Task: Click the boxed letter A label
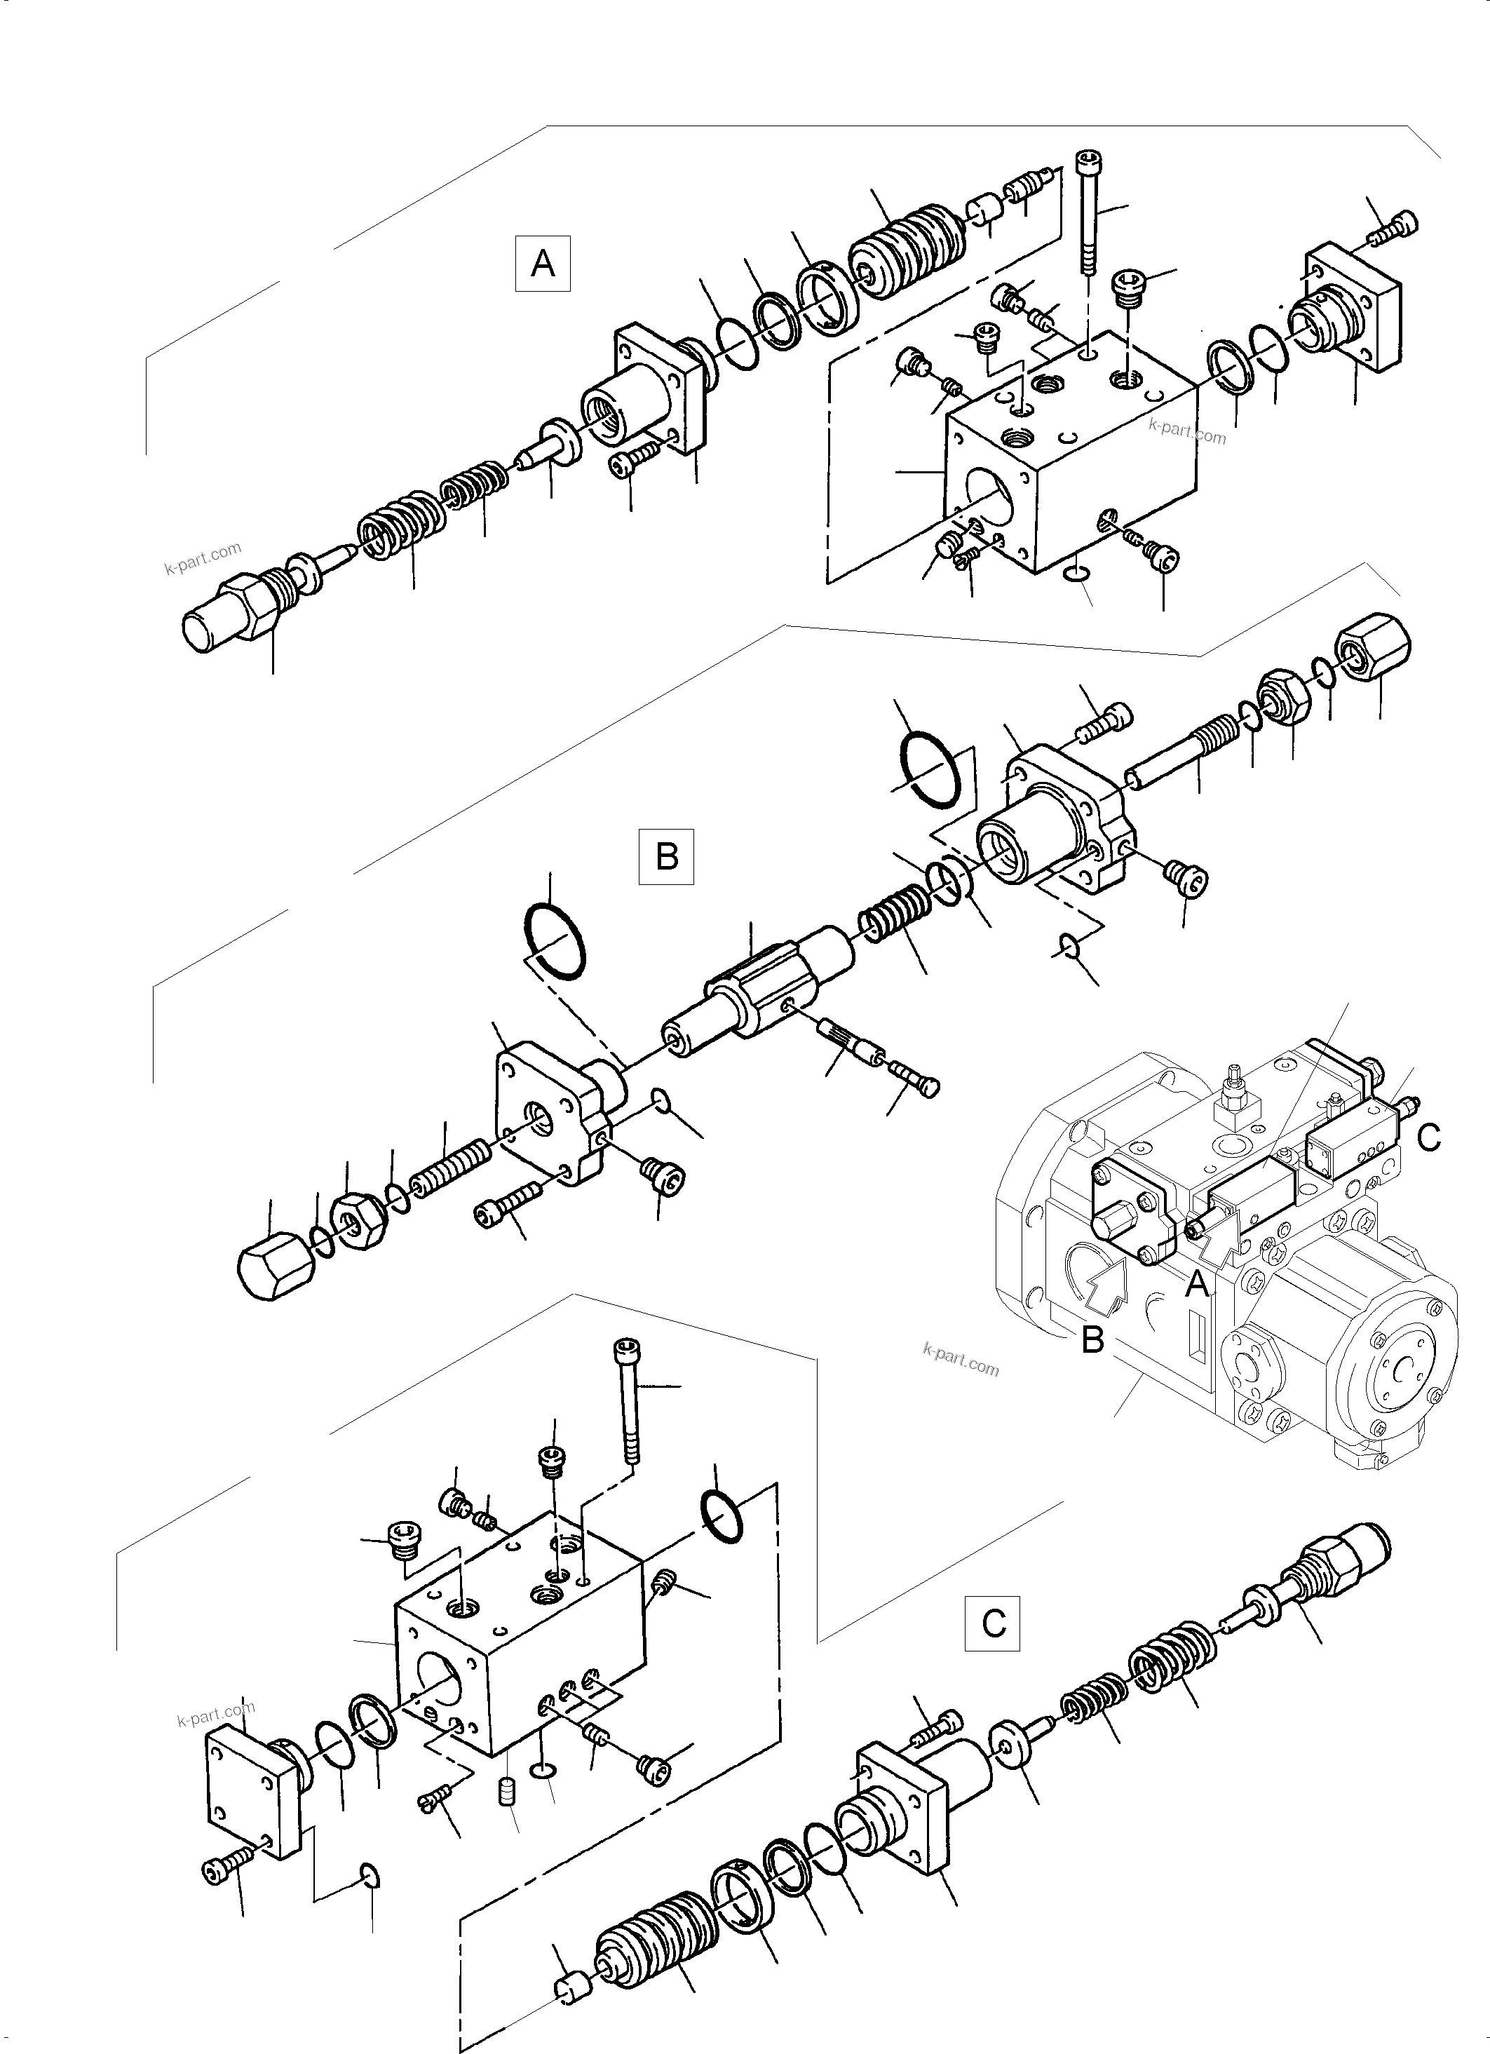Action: tap(543, 264)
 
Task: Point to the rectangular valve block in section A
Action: tap(1069, 462)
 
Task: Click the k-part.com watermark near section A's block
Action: tap(1186, 431)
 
